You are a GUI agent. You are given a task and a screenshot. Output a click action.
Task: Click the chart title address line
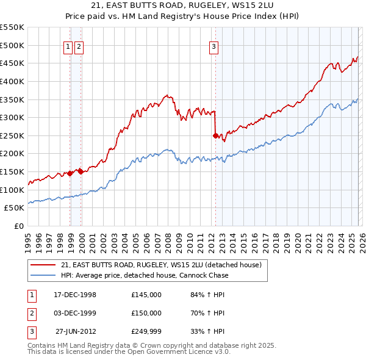tap(183, 5)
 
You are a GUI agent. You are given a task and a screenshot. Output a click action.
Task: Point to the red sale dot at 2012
tap(215, 135)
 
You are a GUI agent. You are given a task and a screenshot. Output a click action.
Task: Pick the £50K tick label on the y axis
tap(15, 208)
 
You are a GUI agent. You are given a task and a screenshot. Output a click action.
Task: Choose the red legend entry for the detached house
tap(161, 265)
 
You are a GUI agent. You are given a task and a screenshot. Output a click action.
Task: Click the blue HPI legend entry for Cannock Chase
tap(144, 275)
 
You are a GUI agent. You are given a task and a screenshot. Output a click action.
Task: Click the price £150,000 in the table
tap(146, 313)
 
